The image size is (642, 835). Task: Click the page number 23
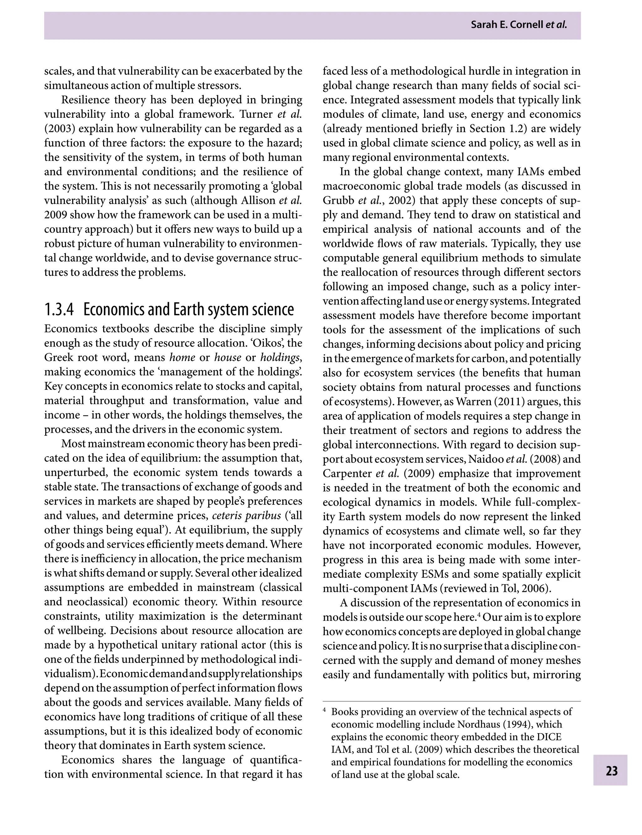pyautogui.click(x=611, y=771)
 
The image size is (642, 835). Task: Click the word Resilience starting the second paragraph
pyautogui.click(x=84, y=100)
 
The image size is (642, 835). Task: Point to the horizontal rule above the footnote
pyautogui.click(x=451, y=701)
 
